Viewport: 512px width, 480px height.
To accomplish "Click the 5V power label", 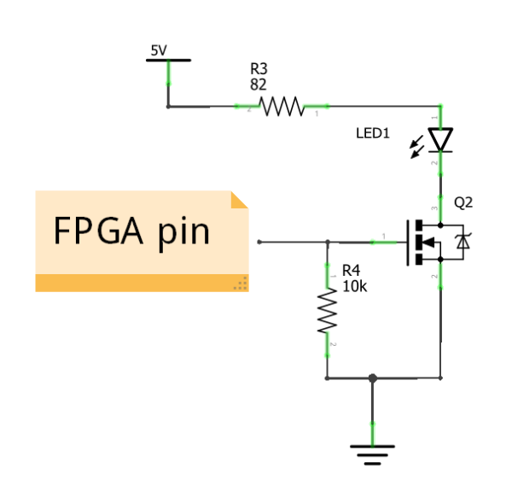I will (159, 50).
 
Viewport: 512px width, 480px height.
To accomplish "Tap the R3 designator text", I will (259, 68).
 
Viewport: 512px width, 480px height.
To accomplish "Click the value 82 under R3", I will (258, 85).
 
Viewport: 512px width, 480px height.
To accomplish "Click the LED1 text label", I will (372, 134).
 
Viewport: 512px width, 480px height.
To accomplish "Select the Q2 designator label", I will (463, 203).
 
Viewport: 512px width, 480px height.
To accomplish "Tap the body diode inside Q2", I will (463, 243).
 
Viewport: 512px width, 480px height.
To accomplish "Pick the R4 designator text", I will (351, 272).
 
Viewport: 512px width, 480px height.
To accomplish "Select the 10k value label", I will (353, 287).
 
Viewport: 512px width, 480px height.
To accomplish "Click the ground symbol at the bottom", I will (371, 454).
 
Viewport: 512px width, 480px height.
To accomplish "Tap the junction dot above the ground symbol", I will (371, 378).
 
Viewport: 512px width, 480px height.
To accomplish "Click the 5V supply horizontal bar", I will (168, 61).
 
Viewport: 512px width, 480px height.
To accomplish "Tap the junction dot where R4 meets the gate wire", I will (327, 243).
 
